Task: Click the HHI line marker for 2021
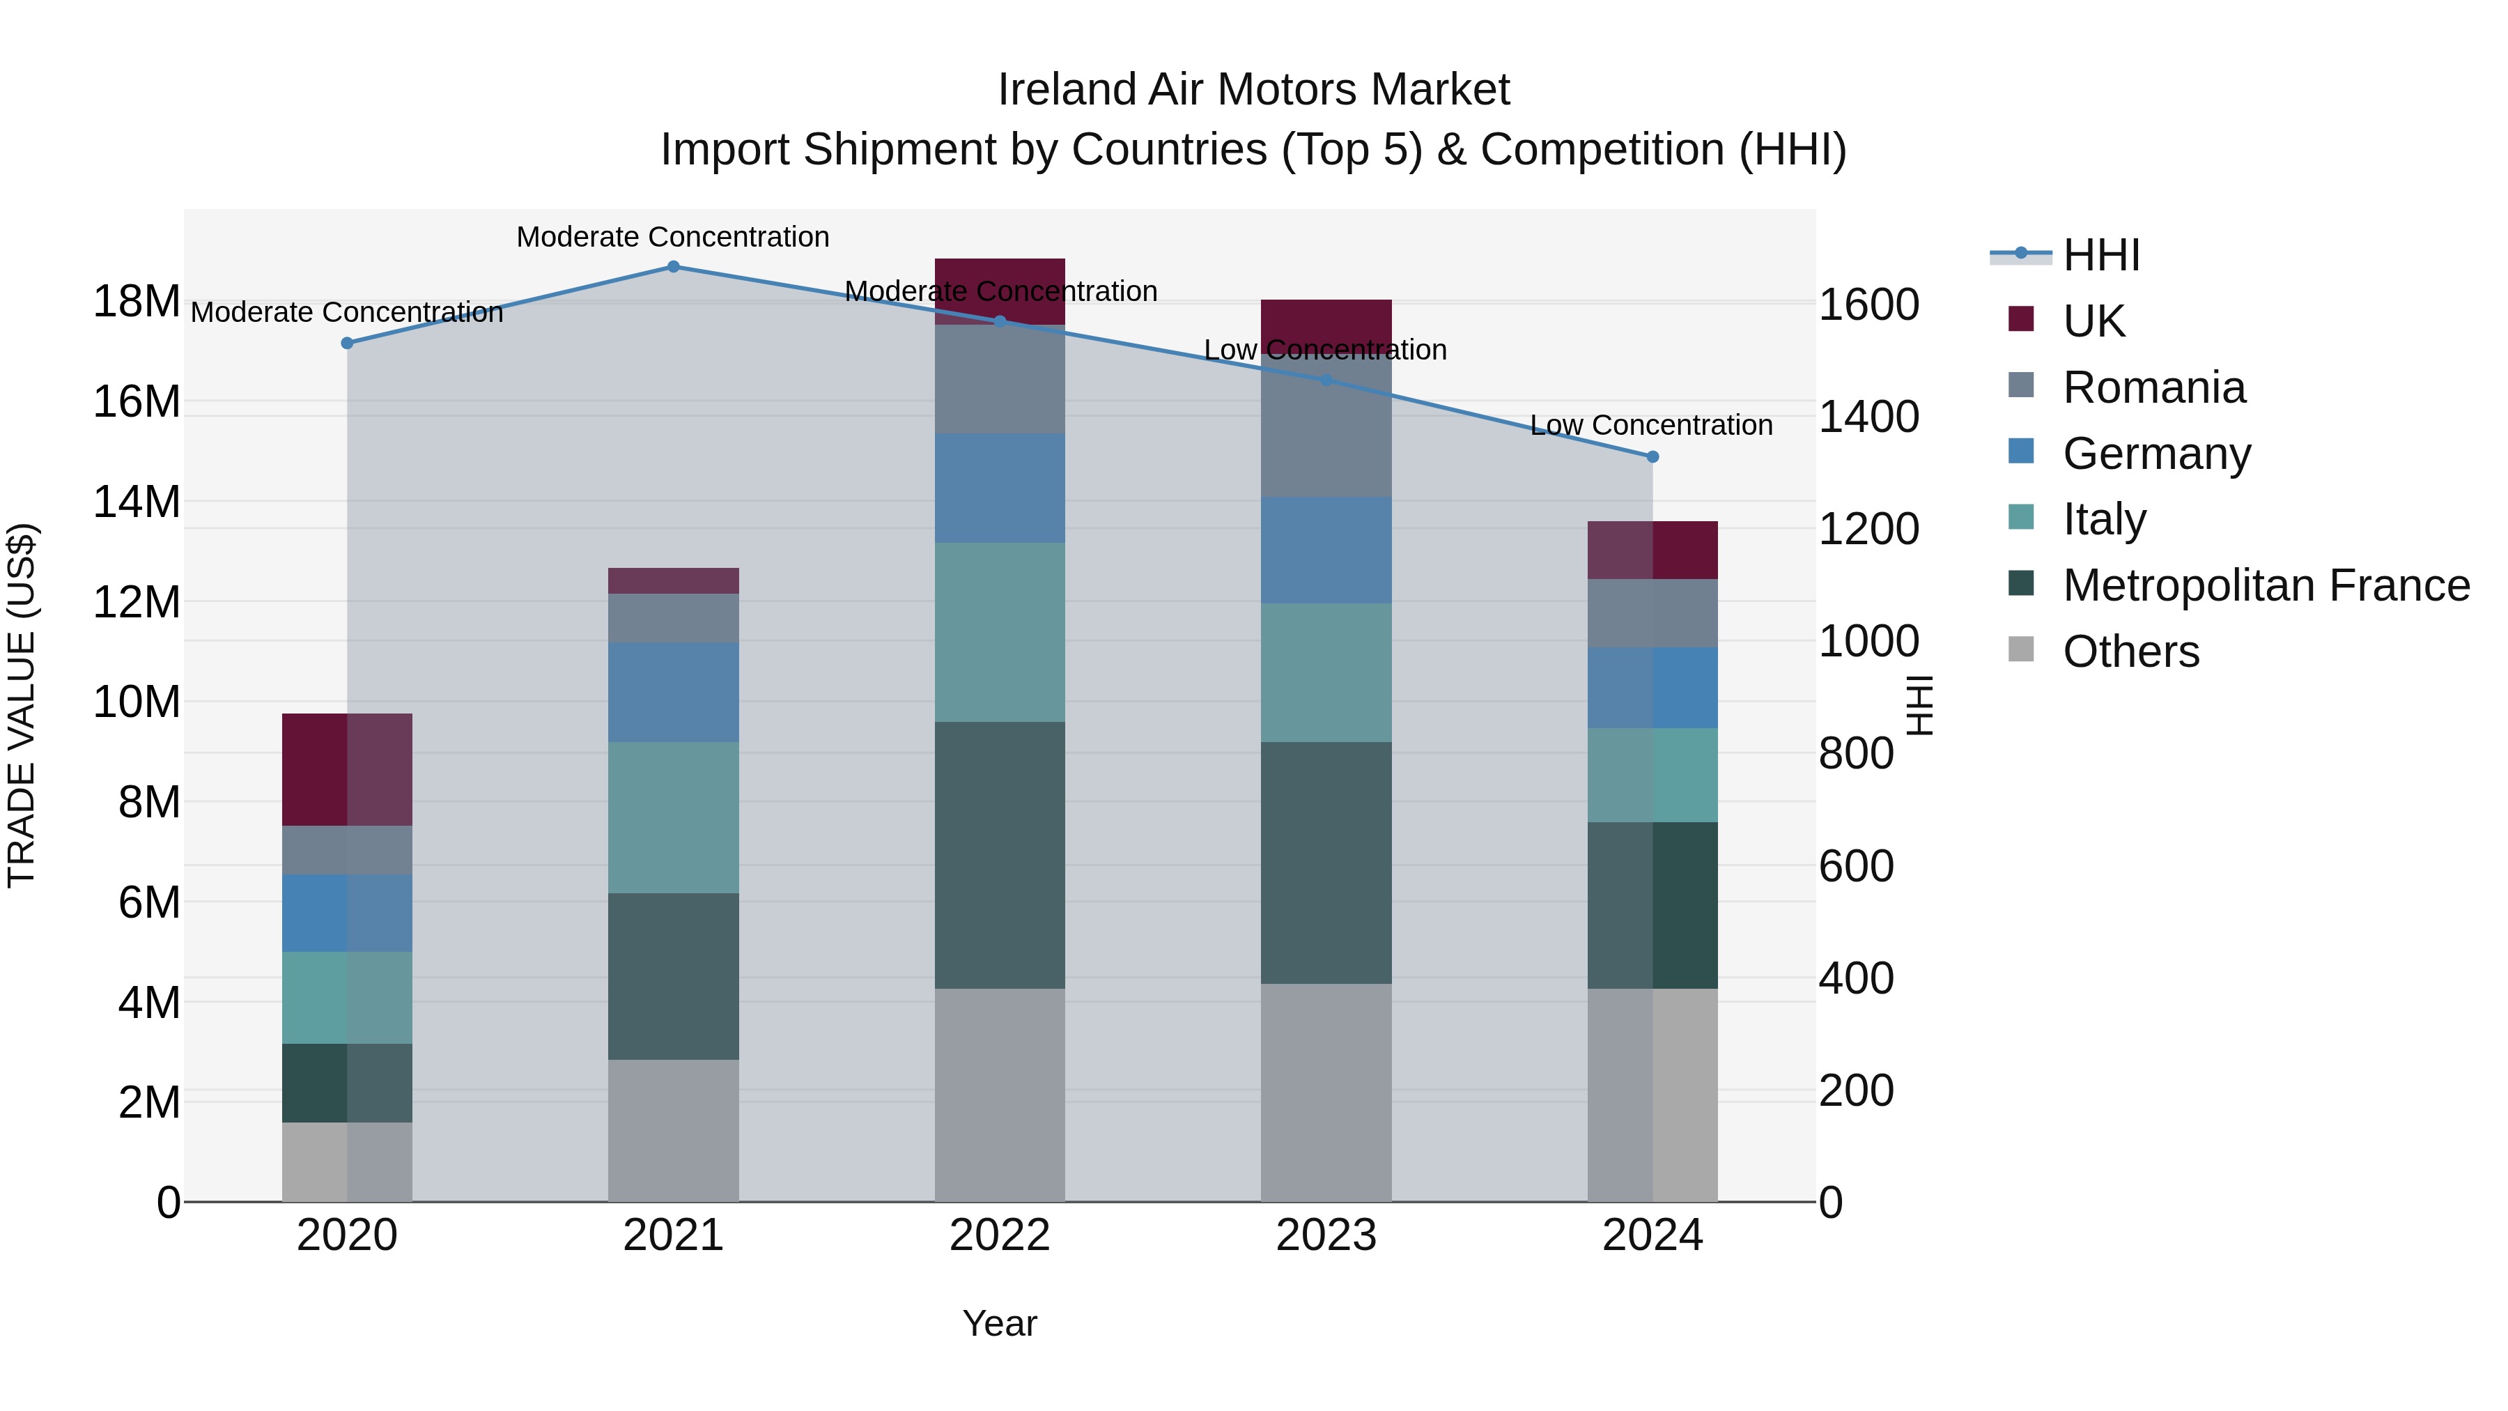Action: click(x=673, y=267)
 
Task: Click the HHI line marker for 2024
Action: click(x=1652, y=456)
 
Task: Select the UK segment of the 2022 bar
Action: click(x=999, y=290)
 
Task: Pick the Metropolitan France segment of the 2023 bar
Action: click(x=1326, y=863)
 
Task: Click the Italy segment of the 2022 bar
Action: click(x=999, y=632)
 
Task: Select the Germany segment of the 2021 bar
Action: click(x=673, y=693)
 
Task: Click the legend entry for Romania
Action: click(x=2153, y=387)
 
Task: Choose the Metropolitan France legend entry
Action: click(x=2265, y=585)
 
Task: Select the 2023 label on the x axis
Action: click(x=1326, y=1235)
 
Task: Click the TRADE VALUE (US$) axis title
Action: click(x=22, y=705)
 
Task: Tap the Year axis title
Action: click(x=999, y=1323)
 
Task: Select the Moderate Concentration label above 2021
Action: click(x=673, y=237)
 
